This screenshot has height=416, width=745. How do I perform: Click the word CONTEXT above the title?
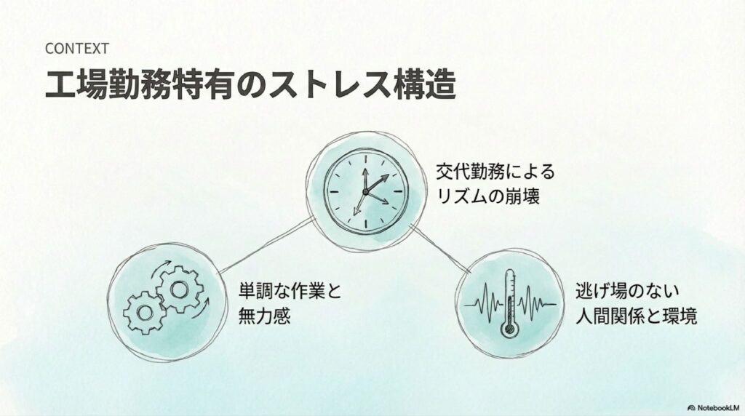(77, 49)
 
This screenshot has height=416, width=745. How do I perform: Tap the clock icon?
(365, 191)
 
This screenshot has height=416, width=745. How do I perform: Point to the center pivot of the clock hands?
(365, 191)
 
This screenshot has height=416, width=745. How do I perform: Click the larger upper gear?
(180, 289)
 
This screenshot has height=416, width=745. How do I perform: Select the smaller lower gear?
(145, 313)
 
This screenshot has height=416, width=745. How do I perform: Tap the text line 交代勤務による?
(495, 172)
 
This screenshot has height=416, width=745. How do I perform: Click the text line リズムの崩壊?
(488, 196)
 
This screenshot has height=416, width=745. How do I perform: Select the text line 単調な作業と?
(290, 291)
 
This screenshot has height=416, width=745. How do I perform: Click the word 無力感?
(264, 316)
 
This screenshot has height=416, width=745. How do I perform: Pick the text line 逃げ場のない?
(627, 291)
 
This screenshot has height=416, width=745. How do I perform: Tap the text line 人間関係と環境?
(636, 316)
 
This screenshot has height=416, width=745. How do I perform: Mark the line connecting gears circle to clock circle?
(266, 245)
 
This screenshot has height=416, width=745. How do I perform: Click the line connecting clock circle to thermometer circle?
(440, 249)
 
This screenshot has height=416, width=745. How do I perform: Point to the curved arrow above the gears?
(161, 269)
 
